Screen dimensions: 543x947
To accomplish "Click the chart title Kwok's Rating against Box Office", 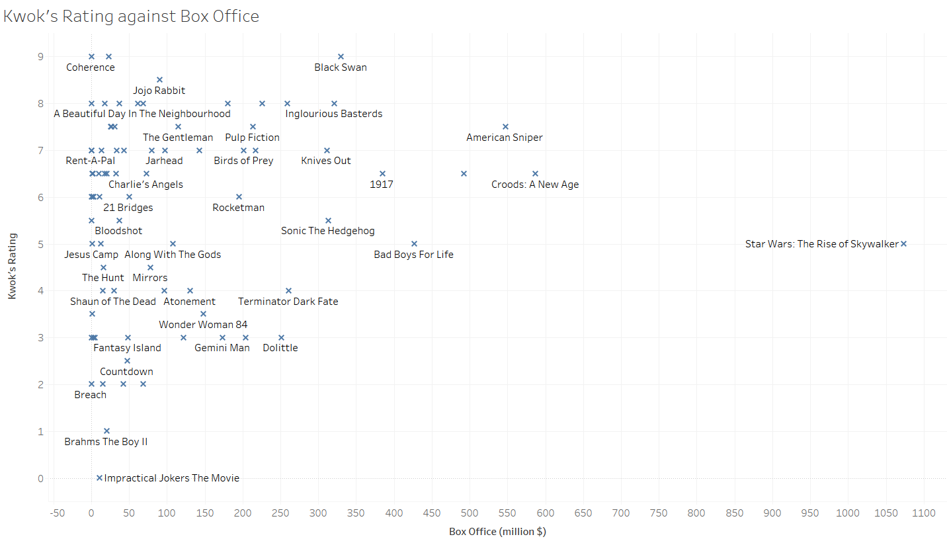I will (131, 17).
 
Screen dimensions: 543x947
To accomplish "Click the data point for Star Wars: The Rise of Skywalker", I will (903, 244).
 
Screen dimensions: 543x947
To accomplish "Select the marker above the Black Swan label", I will (341, 57).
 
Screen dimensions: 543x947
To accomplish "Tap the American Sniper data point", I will (505, 126).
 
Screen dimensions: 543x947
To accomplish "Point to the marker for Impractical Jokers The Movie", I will (99, 478).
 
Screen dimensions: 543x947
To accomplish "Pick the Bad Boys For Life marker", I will (414, 244).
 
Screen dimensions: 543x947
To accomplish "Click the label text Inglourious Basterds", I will (334, 114).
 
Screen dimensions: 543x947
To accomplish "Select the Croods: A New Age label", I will (535, 185).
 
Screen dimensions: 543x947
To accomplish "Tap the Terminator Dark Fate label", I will (288, 302).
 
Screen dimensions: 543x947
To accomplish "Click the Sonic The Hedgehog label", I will (327, 231).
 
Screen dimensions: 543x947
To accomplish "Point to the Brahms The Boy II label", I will (106, 442).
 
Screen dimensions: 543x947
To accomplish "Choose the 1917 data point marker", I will (382, 174).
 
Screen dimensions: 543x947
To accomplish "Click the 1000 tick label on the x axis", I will (848, 513).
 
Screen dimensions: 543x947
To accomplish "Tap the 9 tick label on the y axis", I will (41, 57).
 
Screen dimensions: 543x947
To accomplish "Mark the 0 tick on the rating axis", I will (41, 478).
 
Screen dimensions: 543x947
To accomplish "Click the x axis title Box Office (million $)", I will (497, 532).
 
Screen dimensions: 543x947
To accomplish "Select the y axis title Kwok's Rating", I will (12, 267).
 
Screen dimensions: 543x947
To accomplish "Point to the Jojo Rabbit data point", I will (159, 80).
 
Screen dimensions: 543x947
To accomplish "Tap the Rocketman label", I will (238, 208).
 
